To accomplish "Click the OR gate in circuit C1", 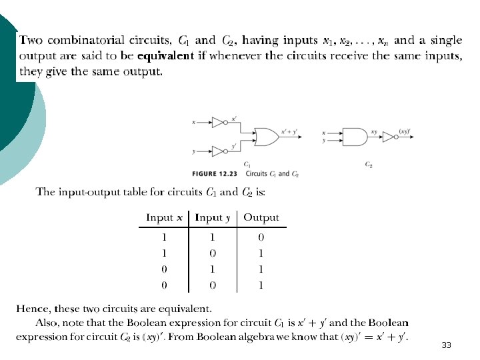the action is (267, 137).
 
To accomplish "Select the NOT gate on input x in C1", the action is (219, 123).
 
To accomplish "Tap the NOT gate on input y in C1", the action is (219, 151).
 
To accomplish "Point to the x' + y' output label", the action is (291, 132).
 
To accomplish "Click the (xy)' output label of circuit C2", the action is (404, 131).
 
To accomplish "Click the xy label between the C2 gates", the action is (374, 132).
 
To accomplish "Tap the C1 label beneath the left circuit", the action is (247, 164).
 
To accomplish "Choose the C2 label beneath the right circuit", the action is (369, 164).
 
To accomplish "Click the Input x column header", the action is (164, 217).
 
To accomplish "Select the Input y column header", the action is (213, 217).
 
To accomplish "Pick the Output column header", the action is (261, 217).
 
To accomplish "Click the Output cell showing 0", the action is (261, 237).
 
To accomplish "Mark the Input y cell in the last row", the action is (213, 285).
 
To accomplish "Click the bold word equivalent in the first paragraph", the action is (166, 56).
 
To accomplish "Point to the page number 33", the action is (446, 345).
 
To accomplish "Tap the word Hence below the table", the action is (32, 309).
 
